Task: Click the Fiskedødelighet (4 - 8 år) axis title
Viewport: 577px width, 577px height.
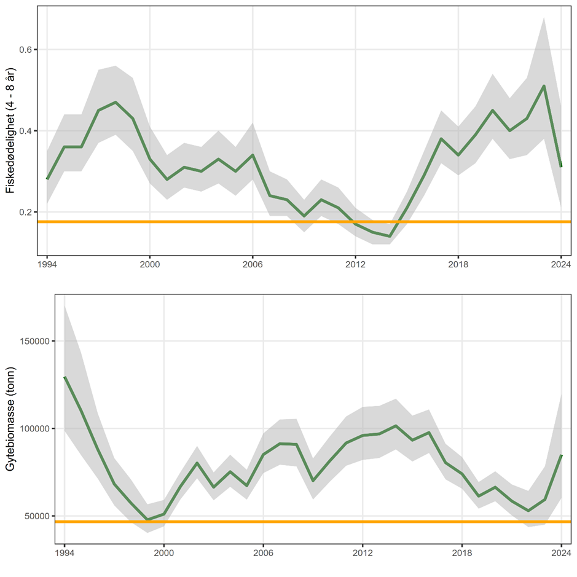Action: click(9, 132)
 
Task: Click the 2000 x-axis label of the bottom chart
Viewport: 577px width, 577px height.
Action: click(163, 551)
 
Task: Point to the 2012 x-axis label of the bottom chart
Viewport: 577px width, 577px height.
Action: click(363, 551)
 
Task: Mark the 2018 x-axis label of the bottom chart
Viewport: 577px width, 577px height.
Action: click(462, 551)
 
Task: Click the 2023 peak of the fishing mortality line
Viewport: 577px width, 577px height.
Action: click(544, 86)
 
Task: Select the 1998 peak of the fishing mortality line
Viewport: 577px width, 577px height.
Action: click(116, 102)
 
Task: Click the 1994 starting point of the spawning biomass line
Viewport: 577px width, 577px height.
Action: click(65, 377)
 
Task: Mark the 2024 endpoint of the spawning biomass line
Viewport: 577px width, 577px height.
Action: click(561, 455)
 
